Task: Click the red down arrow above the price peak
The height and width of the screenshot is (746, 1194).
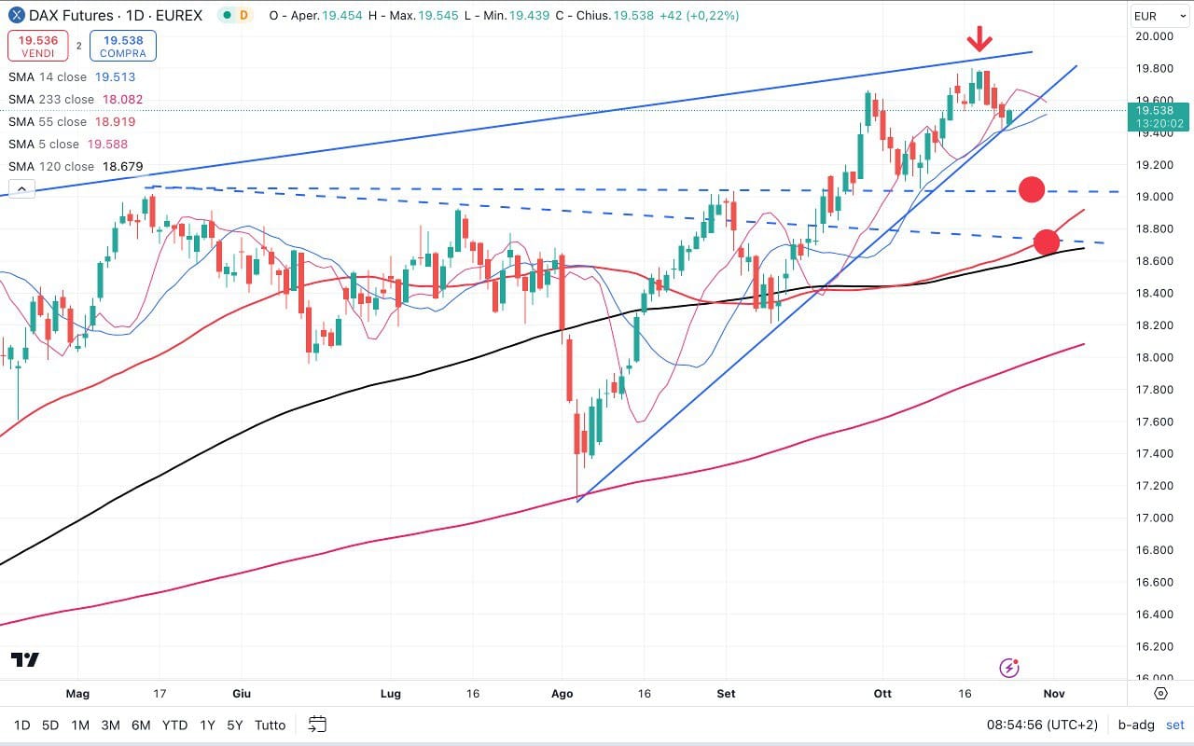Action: tap(979, 39)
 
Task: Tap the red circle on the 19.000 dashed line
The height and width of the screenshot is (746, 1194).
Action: tap(1031, 189)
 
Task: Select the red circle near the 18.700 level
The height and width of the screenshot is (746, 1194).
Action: tap(1047, 242)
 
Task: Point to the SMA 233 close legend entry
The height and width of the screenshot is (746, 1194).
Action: tap(76, 100)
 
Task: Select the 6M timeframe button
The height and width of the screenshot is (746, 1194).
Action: tap(141, 725)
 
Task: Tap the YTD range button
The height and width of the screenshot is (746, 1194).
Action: tap(174, 725)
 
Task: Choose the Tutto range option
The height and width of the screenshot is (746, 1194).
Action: tap(270, 725)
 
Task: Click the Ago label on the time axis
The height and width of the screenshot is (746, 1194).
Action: tap(562, 694)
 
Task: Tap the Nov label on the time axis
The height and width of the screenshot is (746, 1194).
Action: tap(1054, 694)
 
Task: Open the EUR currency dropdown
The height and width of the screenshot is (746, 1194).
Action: tap(1156, 16)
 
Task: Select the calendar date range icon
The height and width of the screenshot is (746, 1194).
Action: tap(317, 725)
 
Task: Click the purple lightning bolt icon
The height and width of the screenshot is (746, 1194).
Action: tap(1008, 667)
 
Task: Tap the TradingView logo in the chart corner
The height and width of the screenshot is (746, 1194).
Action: tap(25, 660)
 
